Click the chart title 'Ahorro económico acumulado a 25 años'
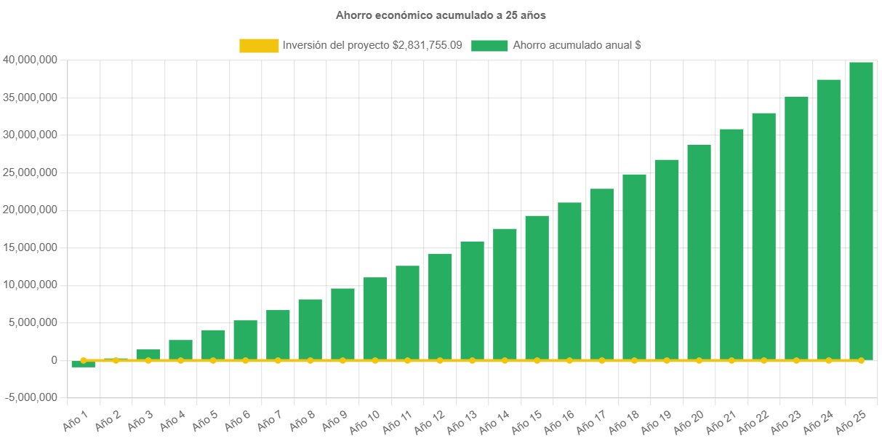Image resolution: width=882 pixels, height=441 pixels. [x=441, y=15]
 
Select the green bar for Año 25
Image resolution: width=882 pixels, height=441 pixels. [x=861, y=211]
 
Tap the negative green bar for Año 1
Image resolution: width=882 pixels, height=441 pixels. [x=83, y=364]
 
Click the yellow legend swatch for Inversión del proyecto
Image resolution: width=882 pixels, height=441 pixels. [x=259, y=45]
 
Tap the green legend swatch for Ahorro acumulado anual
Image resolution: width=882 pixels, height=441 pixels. [x=489, y=45]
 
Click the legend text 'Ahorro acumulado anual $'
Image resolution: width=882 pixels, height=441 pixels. [x=577, y=45]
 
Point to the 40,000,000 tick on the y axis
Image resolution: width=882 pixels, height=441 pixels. [x=31, y=60]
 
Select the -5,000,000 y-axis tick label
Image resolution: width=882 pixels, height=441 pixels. [x=31, y=397]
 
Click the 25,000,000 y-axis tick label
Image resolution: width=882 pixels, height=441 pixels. [x=31, y=172]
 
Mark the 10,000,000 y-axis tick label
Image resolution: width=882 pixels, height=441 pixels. [x=31, y=285]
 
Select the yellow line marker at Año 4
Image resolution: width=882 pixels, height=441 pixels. [x=180, y=360]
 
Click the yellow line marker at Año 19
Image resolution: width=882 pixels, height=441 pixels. [x=667, y=360]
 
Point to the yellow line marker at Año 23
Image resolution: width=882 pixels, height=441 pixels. [x=796, y=360]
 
